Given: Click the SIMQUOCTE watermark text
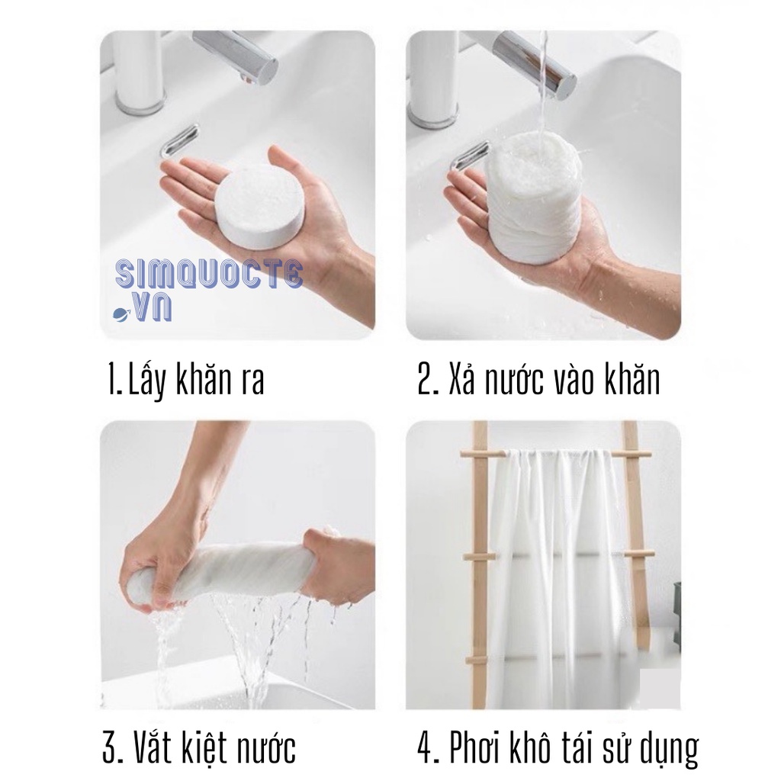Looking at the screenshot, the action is (x=209, y=274).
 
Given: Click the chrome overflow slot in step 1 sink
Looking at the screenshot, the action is (x=180, y=141).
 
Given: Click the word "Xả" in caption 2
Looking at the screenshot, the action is (x=461, y=379).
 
